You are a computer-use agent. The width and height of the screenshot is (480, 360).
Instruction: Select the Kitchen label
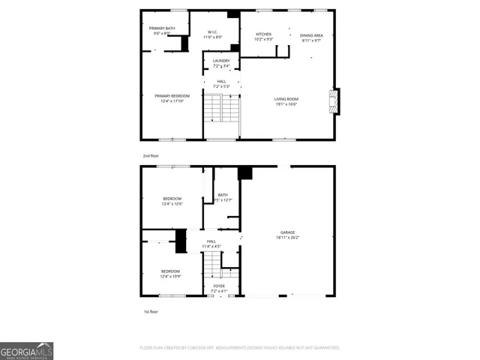pyautogui.click(x=263, y=34)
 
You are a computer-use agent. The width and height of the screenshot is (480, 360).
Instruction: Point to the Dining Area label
pyautogui.click(x=311, y=35)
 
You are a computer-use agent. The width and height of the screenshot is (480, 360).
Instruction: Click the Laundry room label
pyautogui.click(x=221, y=61)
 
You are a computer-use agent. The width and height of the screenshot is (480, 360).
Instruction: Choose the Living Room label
pyautogui.click(x=286, y=99)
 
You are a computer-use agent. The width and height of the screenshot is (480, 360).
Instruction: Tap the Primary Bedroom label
pyautogui.click(x=172, y=96)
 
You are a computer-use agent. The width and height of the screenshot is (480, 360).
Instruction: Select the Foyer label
pyautogui.click(x=219, y=286)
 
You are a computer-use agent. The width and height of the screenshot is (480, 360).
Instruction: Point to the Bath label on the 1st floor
pyautogui.click(x=223, y=195)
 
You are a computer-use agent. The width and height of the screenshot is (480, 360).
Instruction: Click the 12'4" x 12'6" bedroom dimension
pyautogui.click(x=172, y=204)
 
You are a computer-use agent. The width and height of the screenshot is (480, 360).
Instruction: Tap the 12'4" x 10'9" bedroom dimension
pyautogui.click(x=170, y=277)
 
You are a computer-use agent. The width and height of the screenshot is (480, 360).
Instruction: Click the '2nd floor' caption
pyautogui.click(x=151, y=156)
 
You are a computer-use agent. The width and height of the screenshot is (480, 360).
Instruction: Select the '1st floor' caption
pyautogui.click(x=151, y=311)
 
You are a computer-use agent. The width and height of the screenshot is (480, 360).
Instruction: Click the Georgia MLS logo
pyautogui.click(x=26, y=350)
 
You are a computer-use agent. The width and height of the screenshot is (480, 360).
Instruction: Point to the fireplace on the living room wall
pyautogui.click(x=335, y=101)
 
